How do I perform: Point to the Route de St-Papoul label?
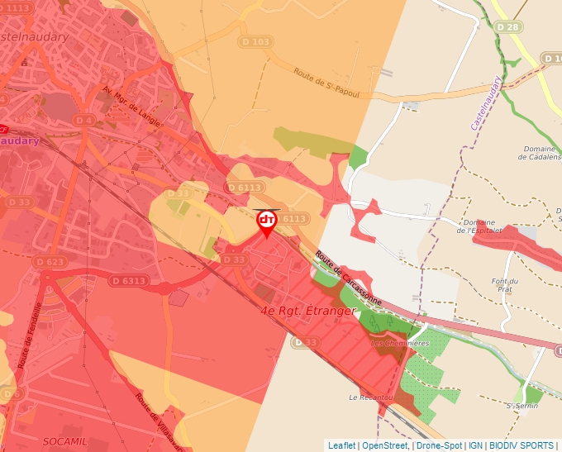coord(326,82)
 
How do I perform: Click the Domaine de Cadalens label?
coord(538,154)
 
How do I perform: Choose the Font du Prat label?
coord(504,285)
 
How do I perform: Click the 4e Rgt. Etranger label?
coord(307,312)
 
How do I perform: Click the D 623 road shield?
coord(50,261)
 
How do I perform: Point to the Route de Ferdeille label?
coord(31,335)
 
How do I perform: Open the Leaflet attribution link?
coord(341,445)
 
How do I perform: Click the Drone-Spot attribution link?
coord(439,445)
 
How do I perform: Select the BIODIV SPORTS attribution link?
coord(522,445)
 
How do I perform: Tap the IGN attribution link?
coord(475,445)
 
